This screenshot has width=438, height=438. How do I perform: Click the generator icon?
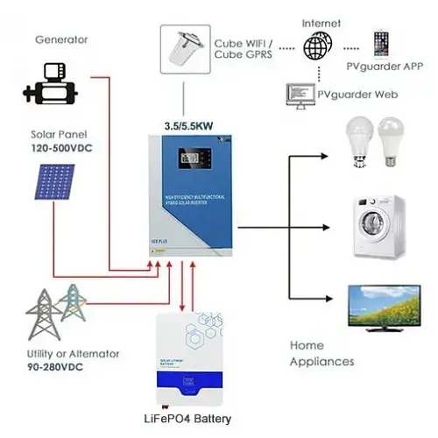[x=52, y=84]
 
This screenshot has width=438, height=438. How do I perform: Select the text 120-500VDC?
[x=63, y=148]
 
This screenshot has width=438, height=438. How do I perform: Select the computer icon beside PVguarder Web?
[x=298, y=92]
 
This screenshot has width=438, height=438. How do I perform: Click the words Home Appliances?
[x=321, y=353]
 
